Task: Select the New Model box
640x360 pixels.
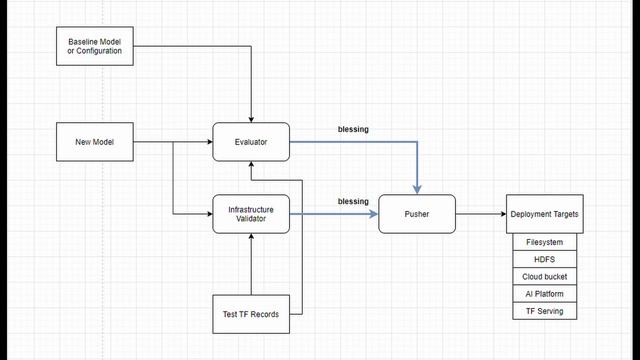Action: tap(95, 142)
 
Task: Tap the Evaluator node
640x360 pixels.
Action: tap(251, 142)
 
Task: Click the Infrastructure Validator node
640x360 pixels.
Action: tap(251, 213)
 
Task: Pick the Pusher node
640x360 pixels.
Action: tap(417, 214)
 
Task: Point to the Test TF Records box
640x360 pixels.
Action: tap(251, 315)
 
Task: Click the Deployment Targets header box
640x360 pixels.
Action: tap(544, 214)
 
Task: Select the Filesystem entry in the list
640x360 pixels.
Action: tap(544, 242)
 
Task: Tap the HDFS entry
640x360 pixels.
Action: tap(544, 259)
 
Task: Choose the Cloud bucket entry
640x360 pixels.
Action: tap(544, 276)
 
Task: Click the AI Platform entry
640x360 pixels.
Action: tap(544, 294)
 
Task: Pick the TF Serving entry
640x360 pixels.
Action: tap(544, 311)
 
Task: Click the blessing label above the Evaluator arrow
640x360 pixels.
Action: tap(353, 129)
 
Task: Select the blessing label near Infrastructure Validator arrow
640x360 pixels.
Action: tap(353, 202)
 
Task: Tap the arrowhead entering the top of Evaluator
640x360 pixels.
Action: tap(251, 118)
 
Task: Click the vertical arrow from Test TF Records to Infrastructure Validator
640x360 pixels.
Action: tap(251, 265)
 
